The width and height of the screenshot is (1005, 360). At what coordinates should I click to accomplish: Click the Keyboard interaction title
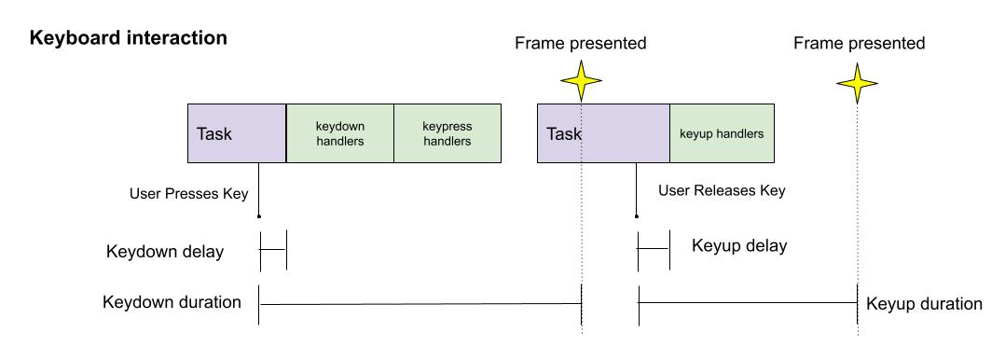tap(129, 39)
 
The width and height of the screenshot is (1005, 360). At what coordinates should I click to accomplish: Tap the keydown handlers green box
tap(339, 133)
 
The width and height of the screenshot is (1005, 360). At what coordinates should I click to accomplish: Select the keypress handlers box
tap(447, 133)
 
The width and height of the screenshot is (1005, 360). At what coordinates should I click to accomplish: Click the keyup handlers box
tap(722, 133)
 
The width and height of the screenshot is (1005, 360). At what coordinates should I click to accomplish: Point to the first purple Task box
tap(237, 133)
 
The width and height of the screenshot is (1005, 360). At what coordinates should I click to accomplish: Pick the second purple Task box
tap(603, 133)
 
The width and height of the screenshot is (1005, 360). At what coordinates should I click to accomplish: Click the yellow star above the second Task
tap(582, 81)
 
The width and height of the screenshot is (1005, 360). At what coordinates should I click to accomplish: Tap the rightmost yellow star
tap(857, 84)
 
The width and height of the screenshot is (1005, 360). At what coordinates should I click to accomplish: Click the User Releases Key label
tap(722, 191)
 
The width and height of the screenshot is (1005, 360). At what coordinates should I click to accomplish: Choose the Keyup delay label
tap(739, 246)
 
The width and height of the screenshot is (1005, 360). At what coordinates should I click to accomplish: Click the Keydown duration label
tap(172, 302)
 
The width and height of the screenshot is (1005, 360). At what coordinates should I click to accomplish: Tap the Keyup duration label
tap(924, 304)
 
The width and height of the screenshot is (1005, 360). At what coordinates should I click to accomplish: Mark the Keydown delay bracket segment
tap(272, 250)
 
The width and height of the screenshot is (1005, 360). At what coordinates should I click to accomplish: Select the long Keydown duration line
tap(420, 303)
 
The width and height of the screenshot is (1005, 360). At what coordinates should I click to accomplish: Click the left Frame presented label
tap(580, 43)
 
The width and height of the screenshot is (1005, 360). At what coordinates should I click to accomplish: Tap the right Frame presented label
tap(859, 43)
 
